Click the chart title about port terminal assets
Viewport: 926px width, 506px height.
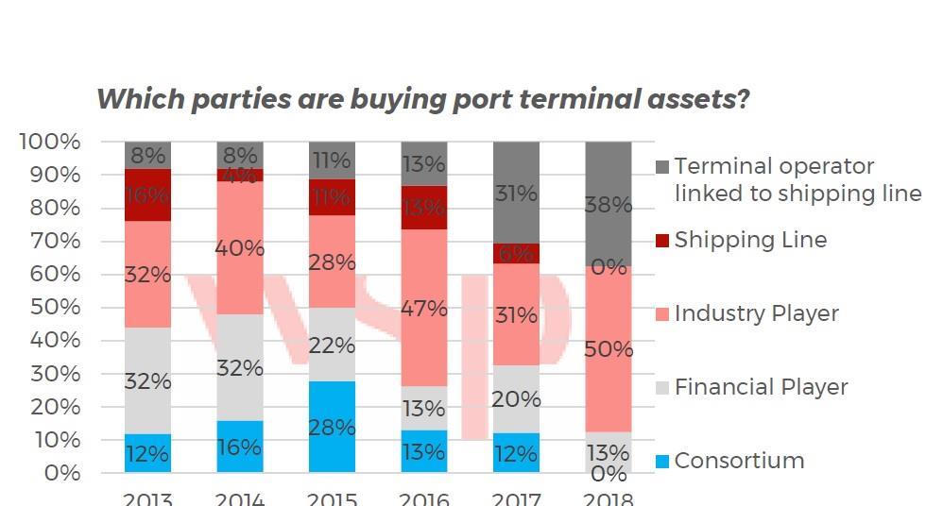(x=423, y=99)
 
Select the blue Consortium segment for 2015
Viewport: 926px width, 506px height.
(x=332, y=427)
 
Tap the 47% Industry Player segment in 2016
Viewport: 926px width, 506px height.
(x=424, y=308)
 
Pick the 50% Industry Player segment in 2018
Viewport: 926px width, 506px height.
(x=609, y=349)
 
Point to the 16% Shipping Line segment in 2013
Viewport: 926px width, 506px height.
(x=147, y=195)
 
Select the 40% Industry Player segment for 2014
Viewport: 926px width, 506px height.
(x=240, y=248)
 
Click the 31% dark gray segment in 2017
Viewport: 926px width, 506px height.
(x=516, y=193)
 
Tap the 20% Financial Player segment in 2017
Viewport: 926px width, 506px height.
(x=516, y=399)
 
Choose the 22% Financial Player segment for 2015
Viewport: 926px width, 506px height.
(x=332, y=345)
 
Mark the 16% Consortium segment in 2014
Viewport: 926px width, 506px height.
(x=240, y=447)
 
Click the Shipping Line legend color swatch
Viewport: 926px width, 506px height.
(x=662, y=241)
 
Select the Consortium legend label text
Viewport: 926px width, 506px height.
(x=739, y=461)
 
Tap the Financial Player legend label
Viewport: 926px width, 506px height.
(x=761, y=387)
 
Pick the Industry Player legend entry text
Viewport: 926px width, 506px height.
(x=756, y=313)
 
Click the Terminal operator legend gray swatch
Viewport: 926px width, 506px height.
(x=662, y=168)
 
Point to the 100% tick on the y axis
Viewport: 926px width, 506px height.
(x=49, y=142)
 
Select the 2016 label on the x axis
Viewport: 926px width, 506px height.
(x=424, y=498)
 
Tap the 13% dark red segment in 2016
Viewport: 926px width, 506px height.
(x=424, y=208)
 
